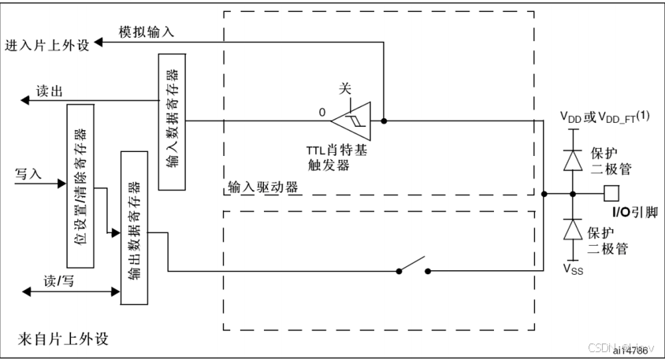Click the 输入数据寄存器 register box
[x=173, y=122]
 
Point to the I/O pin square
[x=609, y=192]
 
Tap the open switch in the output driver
[x=413, y=267]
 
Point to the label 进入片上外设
[x=47, y=44]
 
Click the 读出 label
[x=49, y=91]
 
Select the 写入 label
[x=28, y=174]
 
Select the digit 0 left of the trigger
[x=321, y=113]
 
